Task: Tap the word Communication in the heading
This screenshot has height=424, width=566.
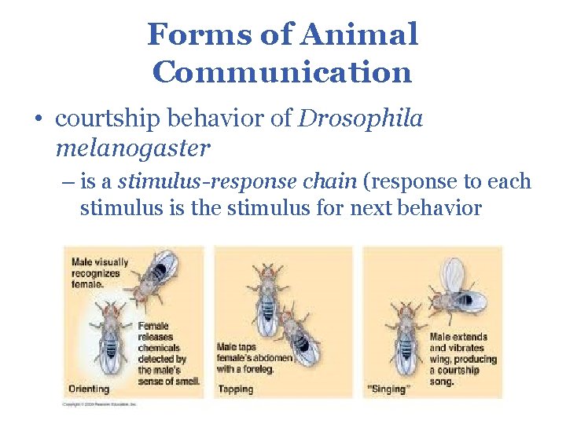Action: point(282,72)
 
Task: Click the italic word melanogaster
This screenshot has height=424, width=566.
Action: point(133,147)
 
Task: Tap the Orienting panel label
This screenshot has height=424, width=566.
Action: point(89,389)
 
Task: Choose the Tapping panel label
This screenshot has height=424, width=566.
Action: point(235,389)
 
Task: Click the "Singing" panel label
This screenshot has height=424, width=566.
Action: point(388,389)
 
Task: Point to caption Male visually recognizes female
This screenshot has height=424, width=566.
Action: point(99,272)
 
